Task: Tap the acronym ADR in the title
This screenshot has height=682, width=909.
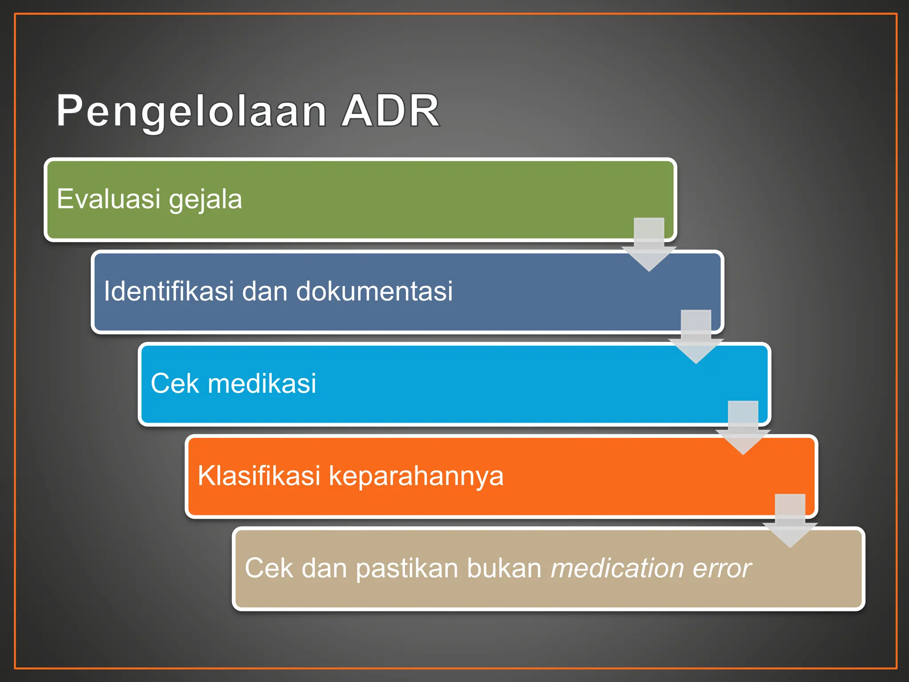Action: [x=391, y=111]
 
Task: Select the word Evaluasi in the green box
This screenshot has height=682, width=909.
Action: [x=108, y=198]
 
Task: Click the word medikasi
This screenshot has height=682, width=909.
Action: [x=262, y=383]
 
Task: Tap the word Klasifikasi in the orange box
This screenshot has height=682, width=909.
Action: [x=259, y=476]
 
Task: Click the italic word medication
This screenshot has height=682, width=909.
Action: [x=617, y=568]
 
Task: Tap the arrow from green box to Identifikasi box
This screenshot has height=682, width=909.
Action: [x=649, y=246]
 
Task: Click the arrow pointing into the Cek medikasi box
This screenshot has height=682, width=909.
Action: [x=696, y=339]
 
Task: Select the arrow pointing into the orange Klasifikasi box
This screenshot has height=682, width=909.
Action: [x=743, y=430]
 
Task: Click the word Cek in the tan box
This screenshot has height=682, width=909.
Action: [x=269, y=568]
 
